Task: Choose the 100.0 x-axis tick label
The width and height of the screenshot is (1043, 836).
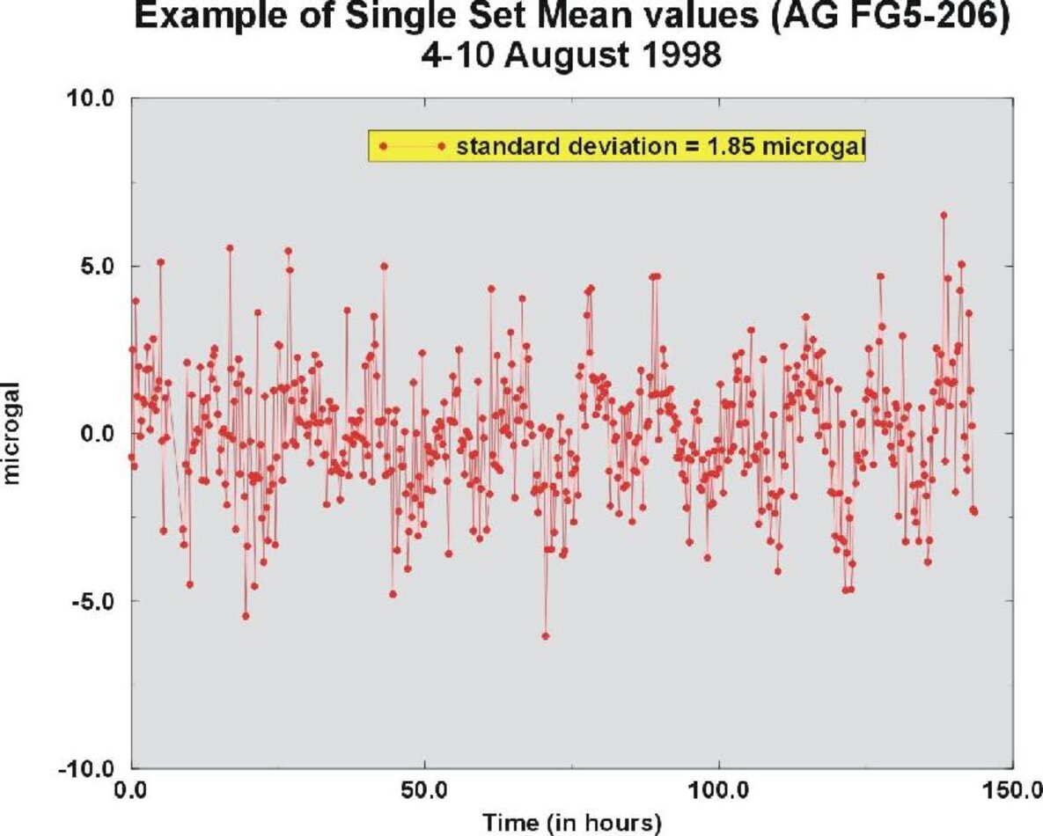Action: pyautogui.click(x=719, y=788)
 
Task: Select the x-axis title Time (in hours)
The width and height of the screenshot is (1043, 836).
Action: pyautogui.click(x=570, y=823)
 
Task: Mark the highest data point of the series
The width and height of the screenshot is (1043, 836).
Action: pyautogui.click(x=944, y=215)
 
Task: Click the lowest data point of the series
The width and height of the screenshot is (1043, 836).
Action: pyautogui.click(x=546, y=635)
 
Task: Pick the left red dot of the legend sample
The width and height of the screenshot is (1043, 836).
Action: pyautogui.click(x=383, y=145)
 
